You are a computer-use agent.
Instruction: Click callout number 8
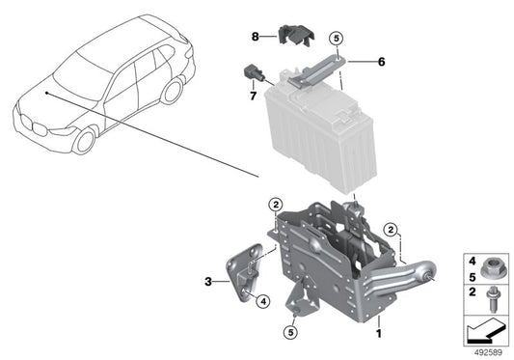click(255, 37)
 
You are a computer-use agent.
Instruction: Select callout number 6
click(381, 61)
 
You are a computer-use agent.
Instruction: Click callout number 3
click(207, 282)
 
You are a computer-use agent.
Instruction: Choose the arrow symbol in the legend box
click(485, 329)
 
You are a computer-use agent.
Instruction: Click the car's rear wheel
click(173, 91)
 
